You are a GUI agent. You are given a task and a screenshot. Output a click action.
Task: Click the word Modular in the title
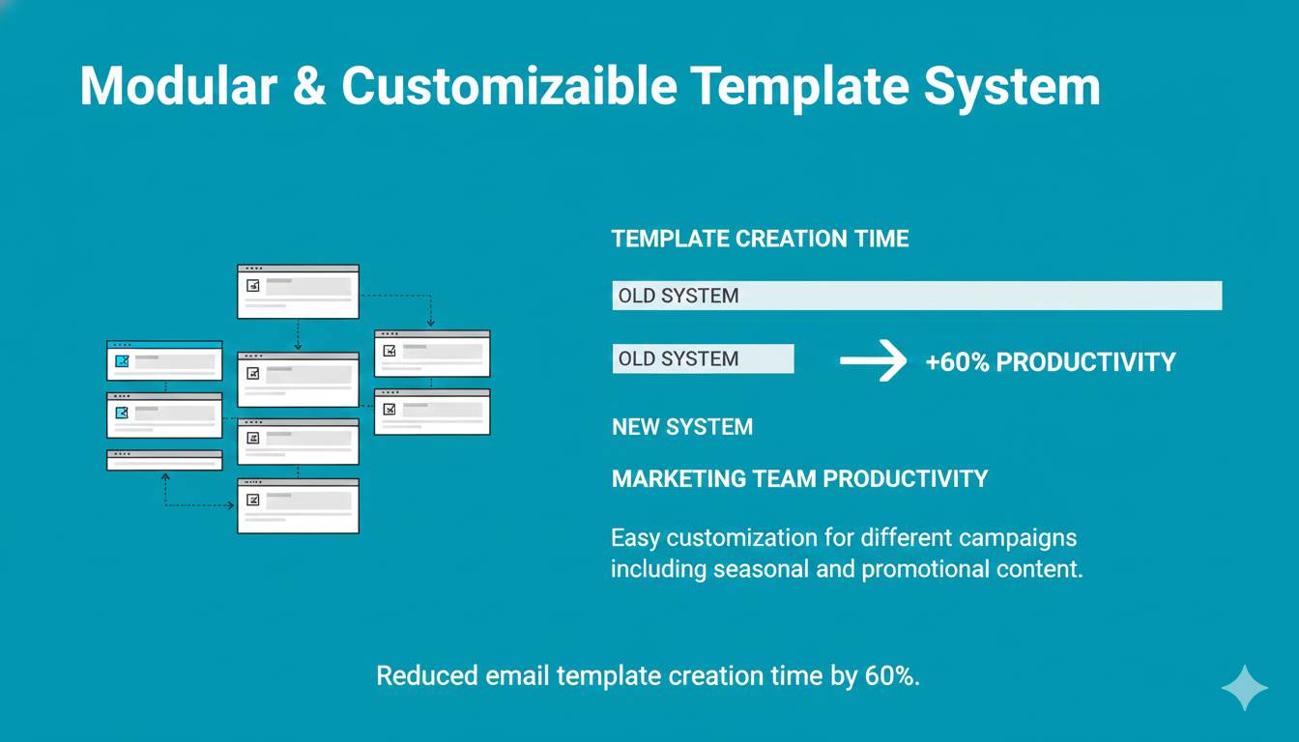point(179,86)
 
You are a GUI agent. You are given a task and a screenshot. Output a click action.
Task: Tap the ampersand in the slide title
point(309,86)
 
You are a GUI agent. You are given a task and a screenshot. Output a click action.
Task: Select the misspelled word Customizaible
point(509,86)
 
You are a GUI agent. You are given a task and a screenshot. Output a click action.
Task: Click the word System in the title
point(1012,86)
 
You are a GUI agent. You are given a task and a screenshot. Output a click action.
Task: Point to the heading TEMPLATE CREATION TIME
point(761,239)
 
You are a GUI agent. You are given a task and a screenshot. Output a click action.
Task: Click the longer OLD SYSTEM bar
point(917,296)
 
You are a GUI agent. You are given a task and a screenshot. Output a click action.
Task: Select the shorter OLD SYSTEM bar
point(704,358)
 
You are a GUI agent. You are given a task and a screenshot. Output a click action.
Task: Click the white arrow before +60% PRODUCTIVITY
point(874,360)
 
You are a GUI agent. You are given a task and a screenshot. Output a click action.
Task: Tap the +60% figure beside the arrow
point(958,362)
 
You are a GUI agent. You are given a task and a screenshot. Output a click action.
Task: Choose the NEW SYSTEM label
point(682,427)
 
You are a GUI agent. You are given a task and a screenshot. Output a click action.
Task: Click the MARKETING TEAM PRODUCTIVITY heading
point(799,479)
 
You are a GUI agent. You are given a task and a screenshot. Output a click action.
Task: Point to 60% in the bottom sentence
point(892,676)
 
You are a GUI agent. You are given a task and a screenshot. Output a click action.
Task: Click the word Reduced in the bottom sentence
point(427,676)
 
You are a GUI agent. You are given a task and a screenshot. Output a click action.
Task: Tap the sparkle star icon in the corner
point(1245,688)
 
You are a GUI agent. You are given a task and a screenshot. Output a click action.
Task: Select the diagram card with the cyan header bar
point(164,360)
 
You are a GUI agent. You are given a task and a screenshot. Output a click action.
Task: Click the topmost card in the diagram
point(298,292)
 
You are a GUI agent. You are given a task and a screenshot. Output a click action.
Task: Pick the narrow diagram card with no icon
point(164,460)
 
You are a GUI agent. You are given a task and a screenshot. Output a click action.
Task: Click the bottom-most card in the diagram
point(298,506)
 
